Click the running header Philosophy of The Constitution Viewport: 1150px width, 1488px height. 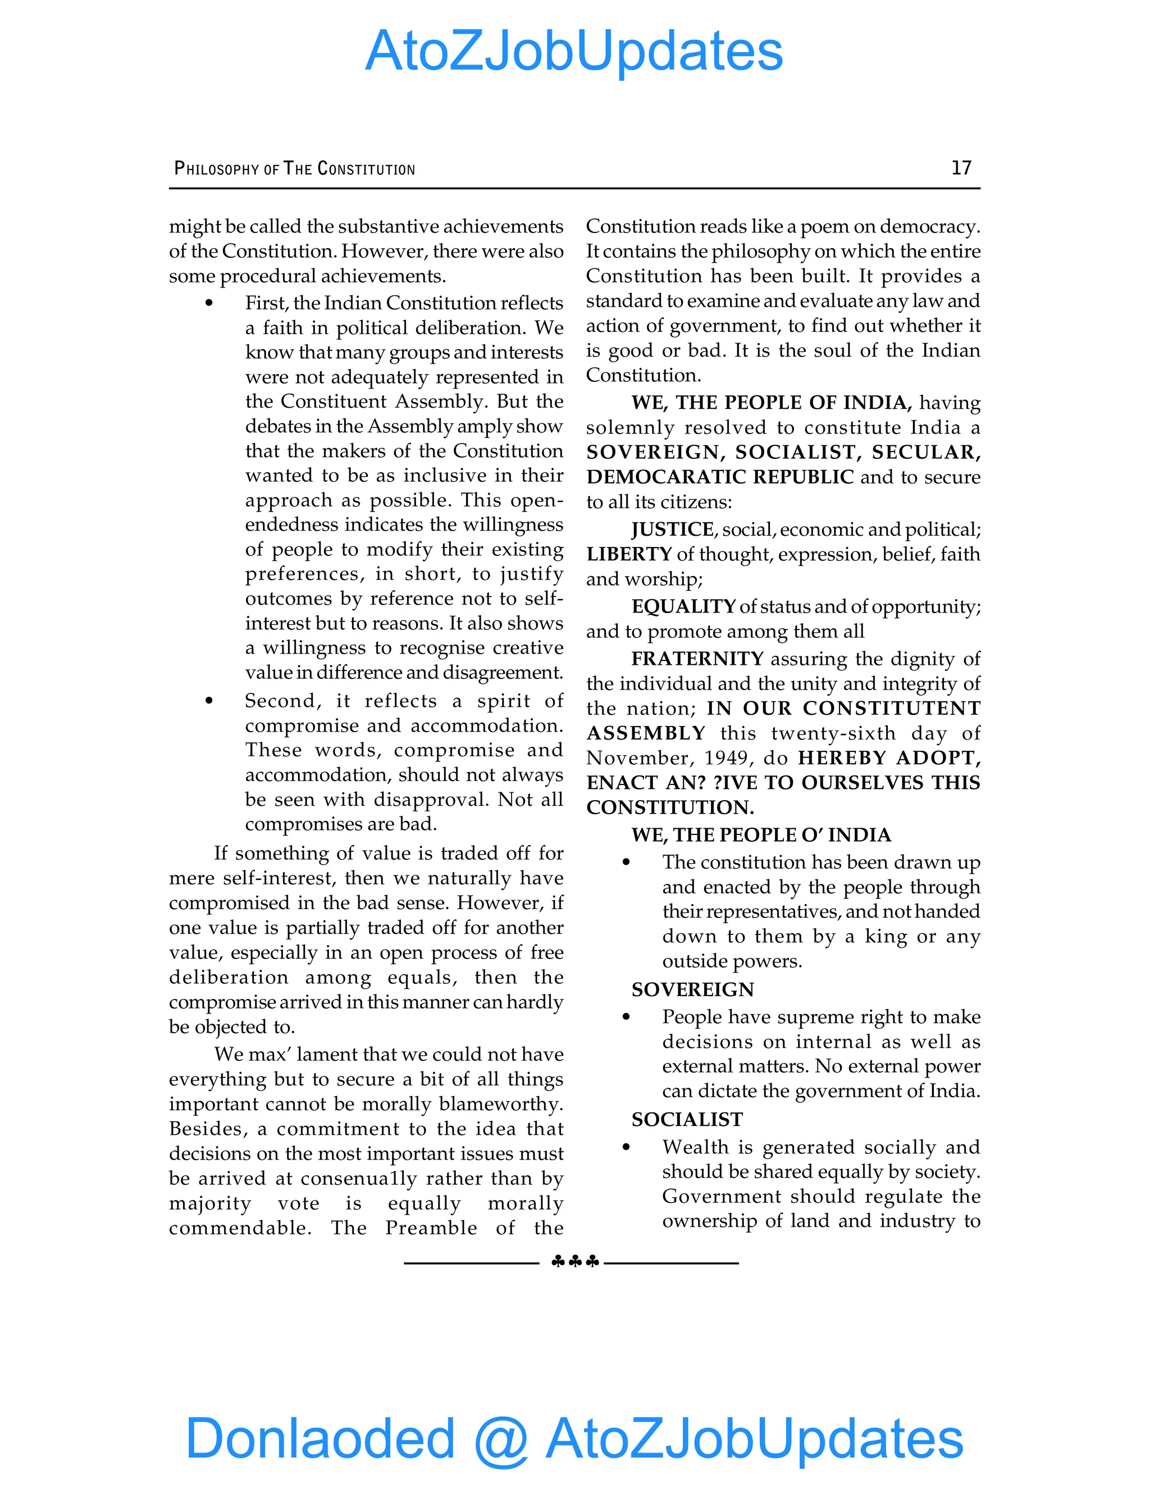click(x=294, y=168)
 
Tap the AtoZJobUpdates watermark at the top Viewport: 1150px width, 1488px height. click(x=574, y=51)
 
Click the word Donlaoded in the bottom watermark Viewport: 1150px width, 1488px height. click(x=320, y=1438)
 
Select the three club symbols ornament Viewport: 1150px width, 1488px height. click(x=575, y=1262)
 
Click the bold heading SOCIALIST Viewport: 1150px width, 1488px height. click(x=687, y=1120)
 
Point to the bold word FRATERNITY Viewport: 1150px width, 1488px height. click(x=697, y=659)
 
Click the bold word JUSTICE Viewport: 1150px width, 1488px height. click(x=672, y=530)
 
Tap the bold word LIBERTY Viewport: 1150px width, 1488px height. click(x=629, y=554)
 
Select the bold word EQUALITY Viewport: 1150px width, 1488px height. click(x=683, y=606)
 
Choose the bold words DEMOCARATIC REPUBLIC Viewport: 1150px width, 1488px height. click(x=719, y=477)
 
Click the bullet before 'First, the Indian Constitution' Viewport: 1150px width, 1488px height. click(x=209, y=303)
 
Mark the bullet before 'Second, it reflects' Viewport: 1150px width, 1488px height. click(x=209, y=701)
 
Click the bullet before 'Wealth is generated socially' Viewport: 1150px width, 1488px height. click(x=626, y=1147)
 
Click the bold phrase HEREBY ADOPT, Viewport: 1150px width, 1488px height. click(x=888, y=757)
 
